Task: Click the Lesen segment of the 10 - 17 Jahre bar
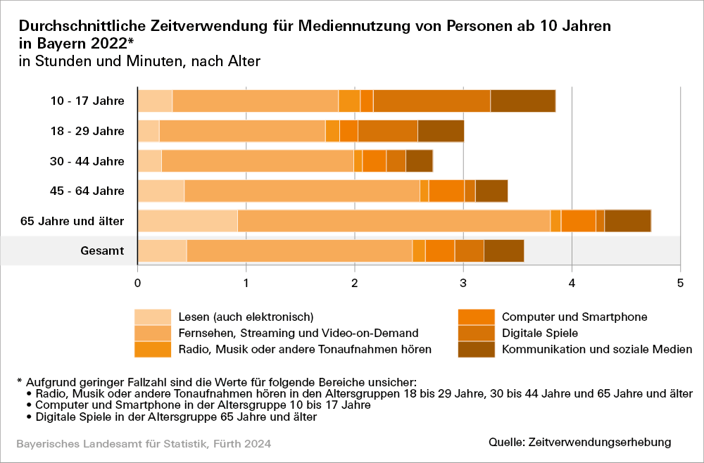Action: (155, 101)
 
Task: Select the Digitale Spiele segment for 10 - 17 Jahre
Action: (432, 101)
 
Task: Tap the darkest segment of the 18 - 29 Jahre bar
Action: (441, 131)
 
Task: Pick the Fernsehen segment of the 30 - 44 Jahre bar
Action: (258, 161)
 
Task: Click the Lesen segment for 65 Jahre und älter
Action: (187, 221)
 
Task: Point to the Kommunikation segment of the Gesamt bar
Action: (504, 250)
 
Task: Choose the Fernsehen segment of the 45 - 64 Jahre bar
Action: (301, 191)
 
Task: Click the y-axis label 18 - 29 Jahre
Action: (87, 131)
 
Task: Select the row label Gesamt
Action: (102, 250)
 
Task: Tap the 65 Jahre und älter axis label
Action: (73, 221)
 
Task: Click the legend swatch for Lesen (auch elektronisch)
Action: (153, 317)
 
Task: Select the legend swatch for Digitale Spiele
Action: (475, 333)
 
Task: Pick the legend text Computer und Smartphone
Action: (574, 317)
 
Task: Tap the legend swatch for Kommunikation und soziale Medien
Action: (475, 349)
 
